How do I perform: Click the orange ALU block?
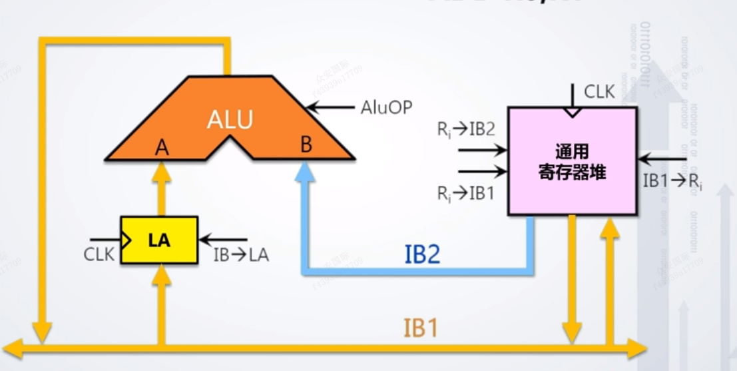[x=230, y=120]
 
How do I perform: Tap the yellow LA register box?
[x=158, y=240]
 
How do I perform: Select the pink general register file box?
[x=572, y=161]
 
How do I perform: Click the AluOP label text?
[x=387, y=107]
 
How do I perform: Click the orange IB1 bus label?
[x=421, y=328]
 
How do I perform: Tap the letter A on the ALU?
[x=161, y=149]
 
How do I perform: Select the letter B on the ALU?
[x=306, y=145]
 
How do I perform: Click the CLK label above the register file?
[x=599, y=91]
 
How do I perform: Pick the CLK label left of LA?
[x=99, y=254]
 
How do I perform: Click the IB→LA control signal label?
[x=241, y=254]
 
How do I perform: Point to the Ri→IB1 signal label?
[x=466, y=194]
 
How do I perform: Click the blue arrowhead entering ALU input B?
[x=306, y=171]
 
